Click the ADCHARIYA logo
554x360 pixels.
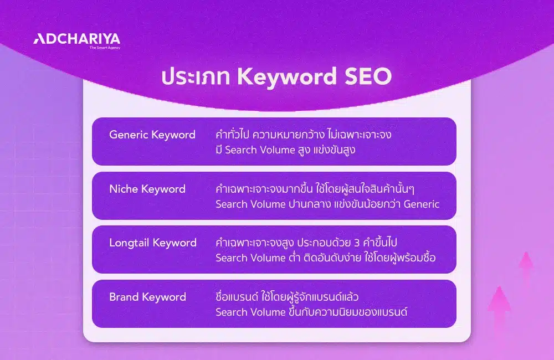point(76,39)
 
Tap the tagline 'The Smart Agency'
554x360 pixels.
point(105,48)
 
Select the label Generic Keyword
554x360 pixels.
point(152,135)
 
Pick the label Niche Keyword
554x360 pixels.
point(147,189)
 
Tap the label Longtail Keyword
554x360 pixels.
point(153,243)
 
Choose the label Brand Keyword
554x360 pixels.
point(147,297)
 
